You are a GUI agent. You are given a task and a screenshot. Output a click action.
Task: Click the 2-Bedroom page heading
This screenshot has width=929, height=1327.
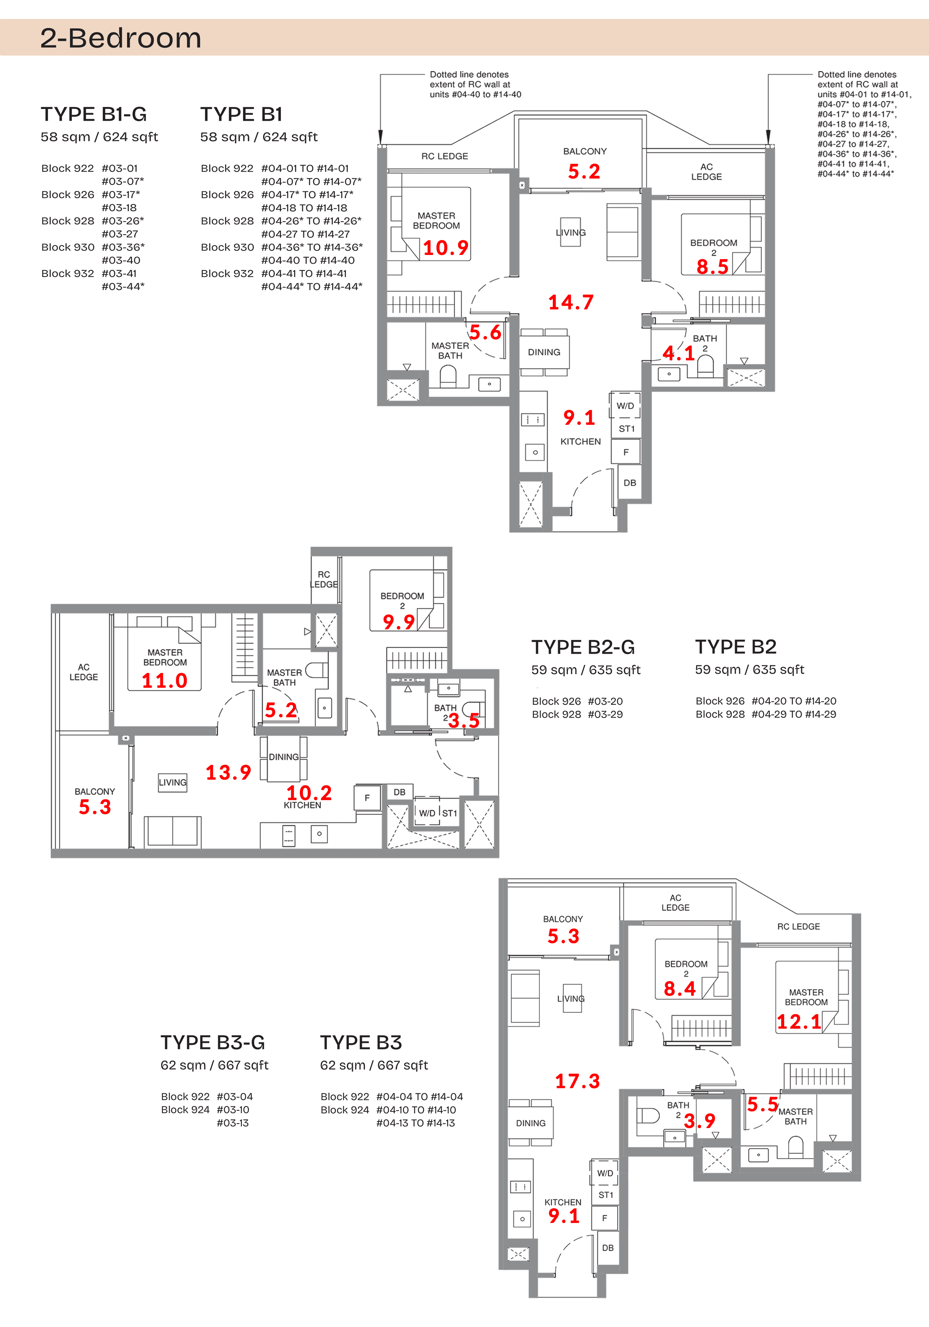tap(120, 38)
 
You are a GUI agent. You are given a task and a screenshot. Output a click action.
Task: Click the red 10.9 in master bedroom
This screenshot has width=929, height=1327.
tap(445, 248)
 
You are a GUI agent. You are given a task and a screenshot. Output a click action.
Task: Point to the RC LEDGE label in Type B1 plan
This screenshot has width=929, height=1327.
tap(444, 156)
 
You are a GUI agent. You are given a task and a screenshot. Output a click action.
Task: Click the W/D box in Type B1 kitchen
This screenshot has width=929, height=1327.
tap(625, 406)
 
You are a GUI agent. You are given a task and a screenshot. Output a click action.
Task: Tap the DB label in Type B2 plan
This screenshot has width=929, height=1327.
tap(399, 792)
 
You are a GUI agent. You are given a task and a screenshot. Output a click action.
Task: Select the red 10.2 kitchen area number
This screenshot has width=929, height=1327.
tap(309, 792)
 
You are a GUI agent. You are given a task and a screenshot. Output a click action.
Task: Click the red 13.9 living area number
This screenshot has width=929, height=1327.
tap(228, 772)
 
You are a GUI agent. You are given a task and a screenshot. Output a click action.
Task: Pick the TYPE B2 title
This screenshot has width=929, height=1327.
tap(735, 647)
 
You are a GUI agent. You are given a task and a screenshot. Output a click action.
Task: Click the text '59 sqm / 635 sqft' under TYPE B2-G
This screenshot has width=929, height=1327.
tap(585, 670)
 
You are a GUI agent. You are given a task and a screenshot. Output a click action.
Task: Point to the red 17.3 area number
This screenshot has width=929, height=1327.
tap(577, 1081)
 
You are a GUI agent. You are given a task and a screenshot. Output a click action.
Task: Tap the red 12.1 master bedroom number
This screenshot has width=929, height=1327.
tap(799, 1022)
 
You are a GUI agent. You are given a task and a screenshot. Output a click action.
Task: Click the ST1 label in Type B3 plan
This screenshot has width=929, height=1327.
tap(605, 1195)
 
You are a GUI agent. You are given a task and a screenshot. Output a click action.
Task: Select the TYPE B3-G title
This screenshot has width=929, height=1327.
tap(212, 1042)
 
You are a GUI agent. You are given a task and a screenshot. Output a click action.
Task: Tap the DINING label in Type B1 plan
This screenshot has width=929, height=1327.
tap(544, 352)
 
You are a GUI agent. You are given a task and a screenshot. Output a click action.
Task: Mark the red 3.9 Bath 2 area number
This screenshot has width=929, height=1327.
tap(699, 1121)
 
